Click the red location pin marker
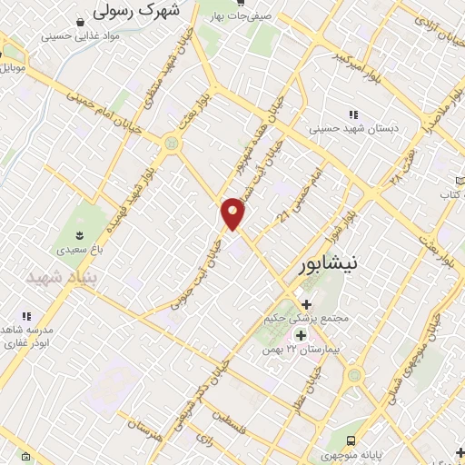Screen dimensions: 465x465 [x=233, y=213]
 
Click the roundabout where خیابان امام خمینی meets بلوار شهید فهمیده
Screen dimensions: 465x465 [x=170, y=143]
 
